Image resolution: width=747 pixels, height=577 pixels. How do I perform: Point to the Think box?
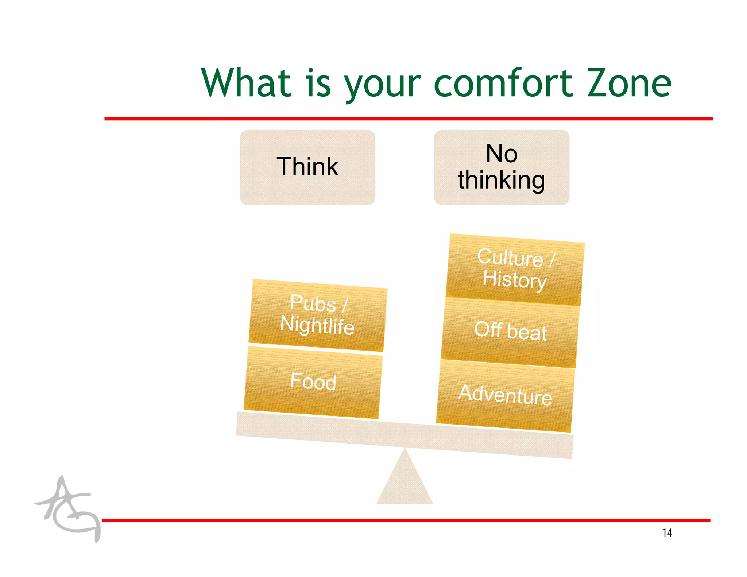pyautogui.click(x=307, y=167)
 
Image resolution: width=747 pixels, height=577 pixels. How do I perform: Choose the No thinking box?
pyautogui.click(x=502, y=167)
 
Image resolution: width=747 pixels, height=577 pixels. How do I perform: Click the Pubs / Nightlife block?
pyautogui.click(x=317, y=315)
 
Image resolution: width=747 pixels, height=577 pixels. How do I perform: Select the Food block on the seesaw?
pyautogui.click(x=313, y=382)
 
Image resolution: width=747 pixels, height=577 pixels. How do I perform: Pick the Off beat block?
pyautogui.click(x=510, y=332)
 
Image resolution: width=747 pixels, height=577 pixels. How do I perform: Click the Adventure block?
pyautogui.click(x=505, y=395)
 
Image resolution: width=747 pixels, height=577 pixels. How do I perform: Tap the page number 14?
pyautogui.click(x=667, y=533)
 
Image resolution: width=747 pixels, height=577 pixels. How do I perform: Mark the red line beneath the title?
pyautogui.click(x=409, y=119)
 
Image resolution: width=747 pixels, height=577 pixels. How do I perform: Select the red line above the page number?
pyautogui.click(x=405, y=520)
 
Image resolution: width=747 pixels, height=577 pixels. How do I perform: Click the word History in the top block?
pyautogui.click(x=514, y=280)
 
